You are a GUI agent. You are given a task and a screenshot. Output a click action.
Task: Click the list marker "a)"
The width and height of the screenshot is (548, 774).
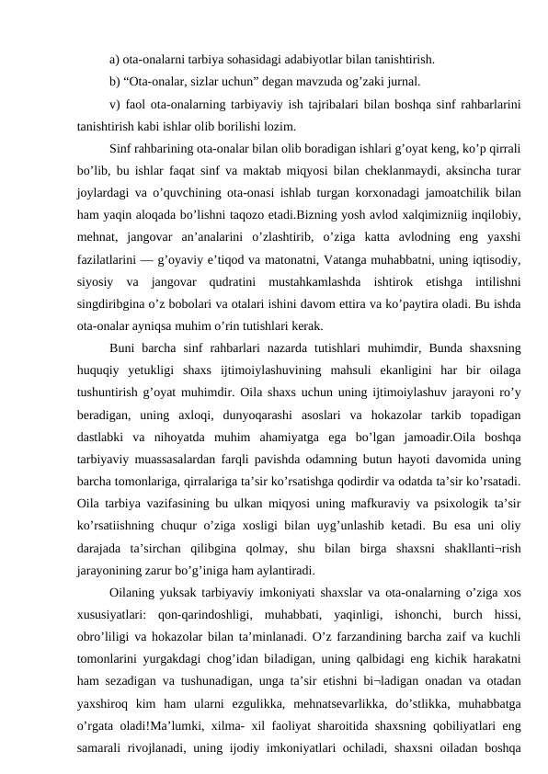pos(113,61)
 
